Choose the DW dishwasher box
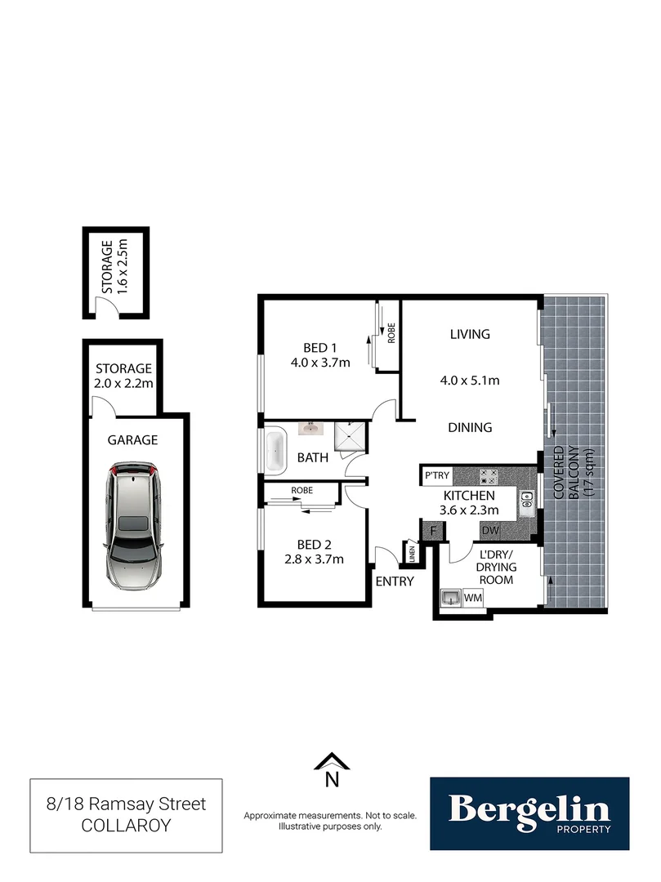490,532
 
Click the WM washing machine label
472,599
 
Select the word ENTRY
395,581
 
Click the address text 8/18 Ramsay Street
126,804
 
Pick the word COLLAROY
126,826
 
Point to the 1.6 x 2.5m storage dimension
122,267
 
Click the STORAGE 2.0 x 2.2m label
123,376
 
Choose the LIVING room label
470,334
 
